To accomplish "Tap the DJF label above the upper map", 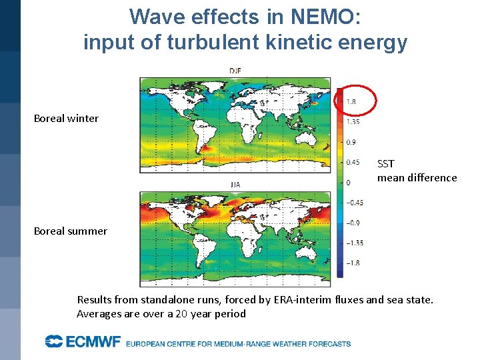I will pos(235,71).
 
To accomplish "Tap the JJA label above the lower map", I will pos(235,185).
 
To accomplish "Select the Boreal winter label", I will pos(66,119).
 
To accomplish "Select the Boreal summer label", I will pos(70,231).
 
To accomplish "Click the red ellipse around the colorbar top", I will pos(355,101).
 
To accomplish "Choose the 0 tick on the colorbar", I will pos(347,183).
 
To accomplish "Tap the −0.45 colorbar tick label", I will pos(354,203).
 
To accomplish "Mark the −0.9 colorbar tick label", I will pos(353,223).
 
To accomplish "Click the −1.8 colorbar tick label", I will pos(353,263).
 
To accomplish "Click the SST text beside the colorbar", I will pos(386,164).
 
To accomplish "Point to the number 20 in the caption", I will pos(181,314).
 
